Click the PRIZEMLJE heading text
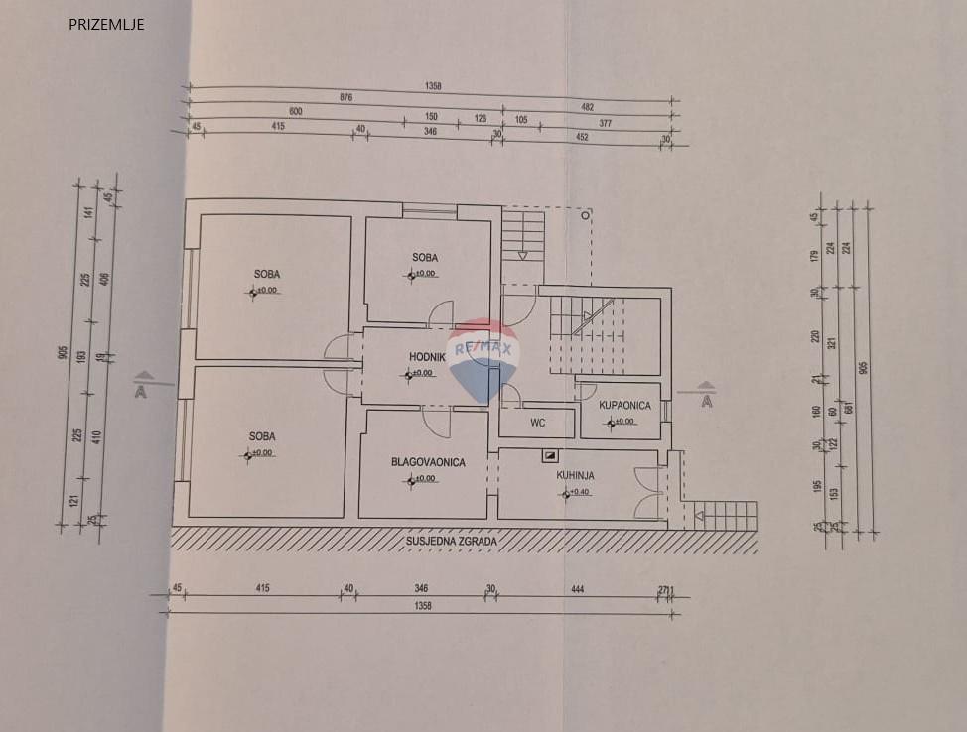pos(106,25)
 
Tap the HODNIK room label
pos(432,357)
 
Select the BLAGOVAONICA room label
pos(428,462)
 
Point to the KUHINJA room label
pos(575,475)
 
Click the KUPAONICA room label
pos(624,405)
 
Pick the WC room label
pos(537,423)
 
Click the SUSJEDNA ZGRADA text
pos(452,542)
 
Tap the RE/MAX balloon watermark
pos(483,358)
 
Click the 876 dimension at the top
pos(345,97)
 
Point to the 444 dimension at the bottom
pos(578,589)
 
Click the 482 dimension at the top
pos(588,106)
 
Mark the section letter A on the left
pos(140,392)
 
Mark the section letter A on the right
pos(707,401)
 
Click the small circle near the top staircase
pos(586,212)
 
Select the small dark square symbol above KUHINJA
pos(549,456)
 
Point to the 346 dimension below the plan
pos(423,589)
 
